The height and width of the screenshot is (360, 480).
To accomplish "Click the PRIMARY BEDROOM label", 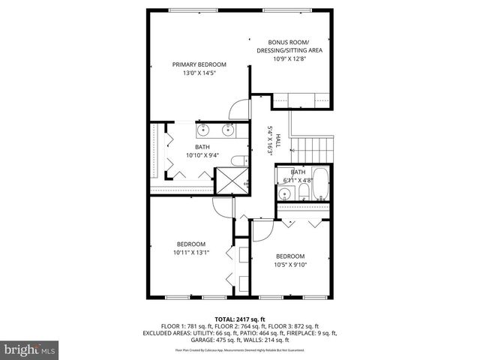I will click(199, 65).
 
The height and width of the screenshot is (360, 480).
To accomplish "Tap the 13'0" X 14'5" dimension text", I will click(199, 74).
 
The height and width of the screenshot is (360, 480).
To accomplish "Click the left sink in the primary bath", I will click(203, 131).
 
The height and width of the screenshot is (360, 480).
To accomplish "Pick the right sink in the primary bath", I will click(228, 131).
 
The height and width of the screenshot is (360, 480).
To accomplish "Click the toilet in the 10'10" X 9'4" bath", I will click(238, 160).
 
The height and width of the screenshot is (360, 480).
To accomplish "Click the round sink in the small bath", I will click(284, 194).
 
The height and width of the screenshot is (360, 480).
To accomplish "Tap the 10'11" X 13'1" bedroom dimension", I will click(191, 253).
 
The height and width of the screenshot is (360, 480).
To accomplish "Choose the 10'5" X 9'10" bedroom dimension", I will click(290, 265).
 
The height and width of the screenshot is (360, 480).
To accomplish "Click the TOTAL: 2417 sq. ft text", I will click(240, 319).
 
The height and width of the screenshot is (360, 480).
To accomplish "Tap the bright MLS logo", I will click(29, 349).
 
